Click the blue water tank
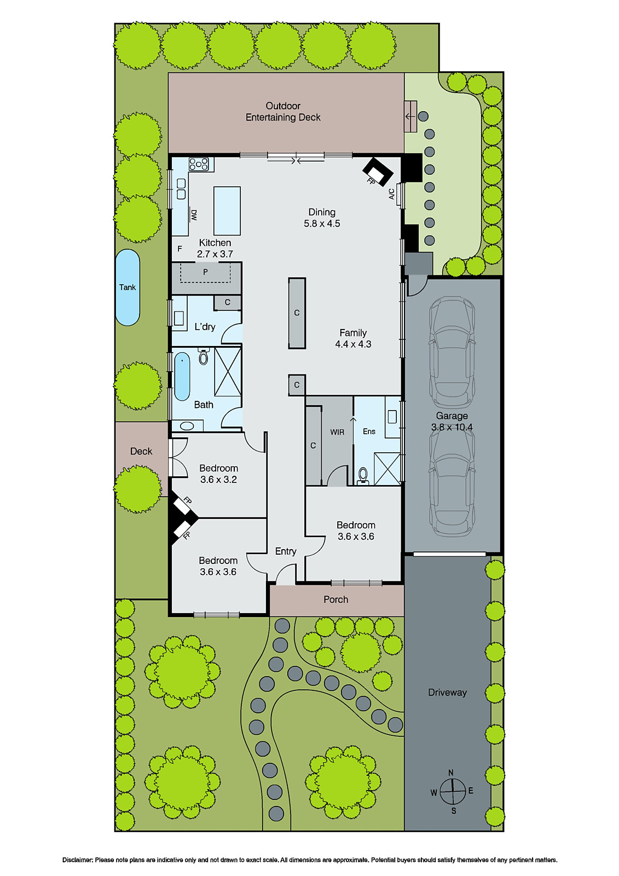click(128, 287)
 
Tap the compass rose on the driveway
click(452, 792)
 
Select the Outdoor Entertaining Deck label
click(283, 112)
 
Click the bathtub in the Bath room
click(182, 376)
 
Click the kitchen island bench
click(227, 211)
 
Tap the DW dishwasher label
click(194, 215)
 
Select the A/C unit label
click(391, 194)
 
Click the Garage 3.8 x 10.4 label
click(452, 421)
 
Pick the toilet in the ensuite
click(363, 476)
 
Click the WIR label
click(337, 432)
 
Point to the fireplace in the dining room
click(378, 172)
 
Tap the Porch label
click(335, 599)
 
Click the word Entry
click(286, 551)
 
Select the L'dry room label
click(205, 326)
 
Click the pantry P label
click(206, 272)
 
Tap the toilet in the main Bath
click(204, 356)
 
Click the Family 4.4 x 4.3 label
click(353, 338)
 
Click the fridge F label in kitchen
click(180, 249)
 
